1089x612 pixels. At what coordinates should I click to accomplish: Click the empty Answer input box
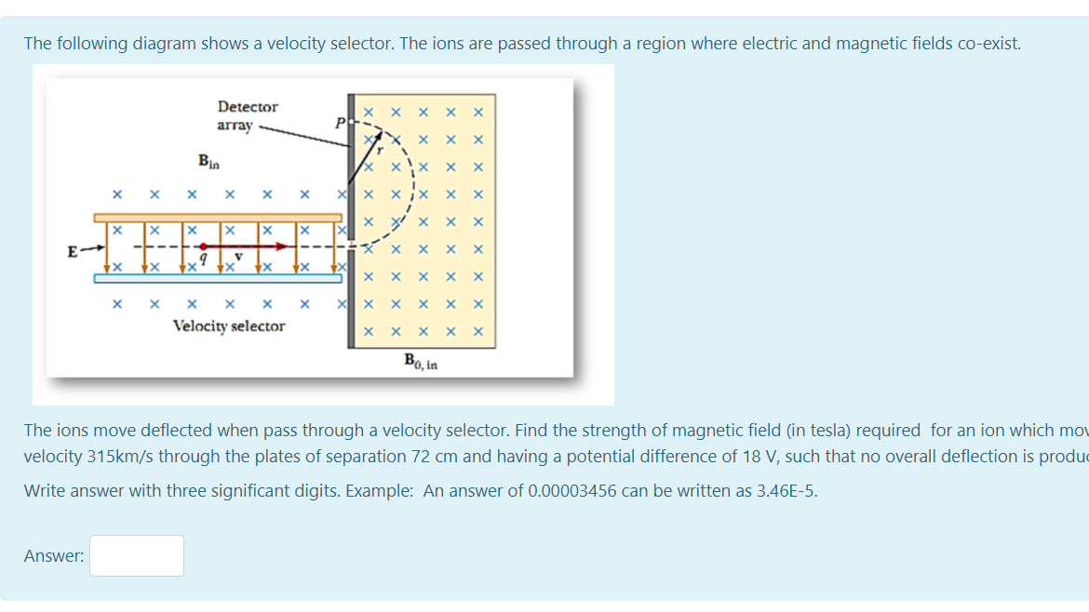137,555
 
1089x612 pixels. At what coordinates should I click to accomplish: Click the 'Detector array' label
247,115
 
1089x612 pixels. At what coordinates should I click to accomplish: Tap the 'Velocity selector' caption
229,326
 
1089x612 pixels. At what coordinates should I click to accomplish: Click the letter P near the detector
341,123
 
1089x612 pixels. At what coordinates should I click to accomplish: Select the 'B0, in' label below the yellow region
421,361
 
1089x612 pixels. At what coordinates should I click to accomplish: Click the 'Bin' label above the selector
209,161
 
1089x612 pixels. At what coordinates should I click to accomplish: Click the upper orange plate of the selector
218,217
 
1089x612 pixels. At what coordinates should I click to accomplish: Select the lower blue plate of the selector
218,277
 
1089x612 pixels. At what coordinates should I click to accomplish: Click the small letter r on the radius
380,150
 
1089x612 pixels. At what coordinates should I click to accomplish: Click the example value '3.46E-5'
788,490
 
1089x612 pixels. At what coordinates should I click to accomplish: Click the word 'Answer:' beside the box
54,556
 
